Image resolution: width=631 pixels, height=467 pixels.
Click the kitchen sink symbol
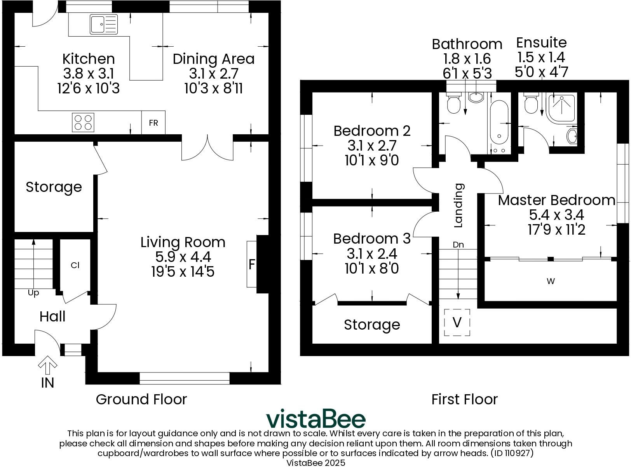[103, 25]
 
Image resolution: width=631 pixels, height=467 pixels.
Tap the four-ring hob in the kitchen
[83, 122]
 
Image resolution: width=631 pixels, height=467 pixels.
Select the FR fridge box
[153, 123]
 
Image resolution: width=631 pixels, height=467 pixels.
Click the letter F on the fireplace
[252, 265]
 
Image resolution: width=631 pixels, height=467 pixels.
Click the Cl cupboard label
[75, 265]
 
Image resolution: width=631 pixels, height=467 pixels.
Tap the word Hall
[52, 316]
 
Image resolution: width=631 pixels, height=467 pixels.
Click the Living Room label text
[183, 242]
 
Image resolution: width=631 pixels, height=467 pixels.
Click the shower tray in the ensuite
[561, 106]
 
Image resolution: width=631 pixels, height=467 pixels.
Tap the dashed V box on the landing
[457, 322]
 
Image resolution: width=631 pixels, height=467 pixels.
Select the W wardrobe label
[551, 281]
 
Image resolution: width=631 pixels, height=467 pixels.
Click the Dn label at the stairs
[458, 245]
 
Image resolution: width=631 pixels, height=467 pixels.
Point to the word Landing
[459, 205]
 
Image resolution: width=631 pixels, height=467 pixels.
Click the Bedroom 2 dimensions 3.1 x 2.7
[372, 146]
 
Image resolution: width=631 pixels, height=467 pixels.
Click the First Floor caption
[464, 399]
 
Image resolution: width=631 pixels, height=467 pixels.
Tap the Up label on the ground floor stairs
[33, 293]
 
